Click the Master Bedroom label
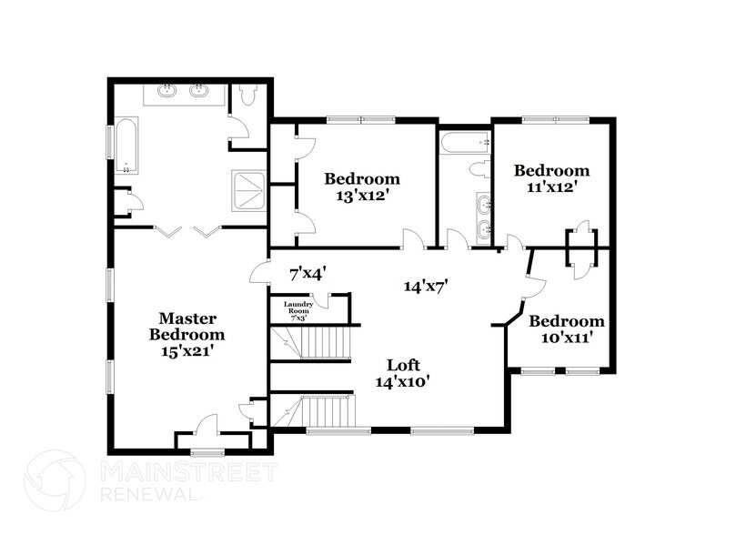[187, 326]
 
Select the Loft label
[401, 365]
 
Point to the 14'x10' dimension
[401, 382]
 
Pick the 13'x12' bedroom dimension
[362, 195]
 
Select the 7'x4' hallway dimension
[308, 272]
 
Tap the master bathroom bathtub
[126, 147]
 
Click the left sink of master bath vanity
[168, 90]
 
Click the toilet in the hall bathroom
[479, 169]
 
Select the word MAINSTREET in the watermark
[187, 471]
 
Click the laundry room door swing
[320, 300]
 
